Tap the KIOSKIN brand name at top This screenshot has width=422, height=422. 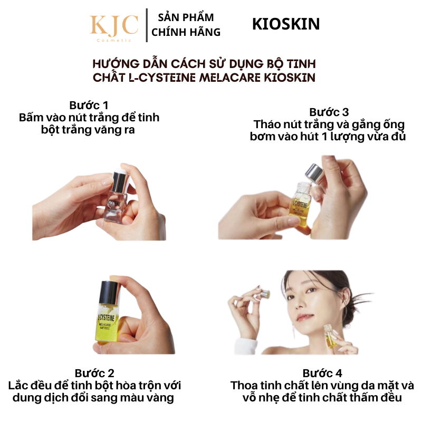point(286,24)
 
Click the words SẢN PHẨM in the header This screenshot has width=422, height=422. point(186,17)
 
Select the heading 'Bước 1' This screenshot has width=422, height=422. point(89,105)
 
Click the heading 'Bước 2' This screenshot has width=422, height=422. point(94,373)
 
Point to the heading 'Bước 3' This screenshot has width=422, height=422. point(329,112)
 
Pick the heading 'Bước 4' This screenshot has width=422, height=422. point(322,373)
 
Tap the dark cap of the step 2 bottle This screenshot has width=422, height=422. point(109,292)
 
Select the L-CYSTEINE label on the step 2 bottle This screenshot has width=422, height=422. point(106,318)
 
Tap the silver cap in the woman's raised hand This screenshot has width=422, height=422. point(265,293)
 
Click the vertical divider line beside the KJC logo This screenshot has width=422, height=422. point(147,25)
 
